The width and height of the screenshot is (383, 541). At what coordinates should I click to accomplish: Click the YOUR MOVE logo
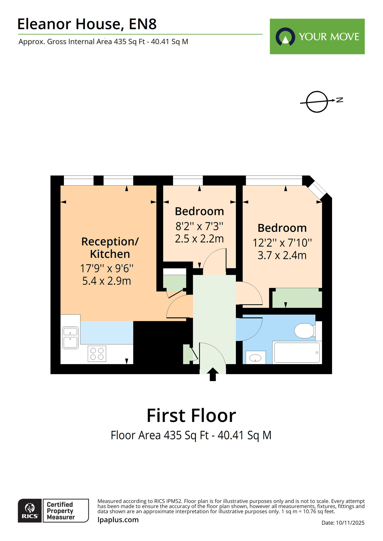tap(317, 37)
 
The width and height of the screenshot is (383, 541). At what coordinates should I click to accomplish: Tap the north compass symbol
tap(317, 102)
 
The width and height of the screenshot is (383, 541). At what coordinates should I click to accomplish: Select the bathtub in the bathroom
tap(297, 352)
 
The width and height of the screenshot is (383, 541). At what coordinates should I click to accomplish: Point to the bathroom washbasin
tap(255, 358)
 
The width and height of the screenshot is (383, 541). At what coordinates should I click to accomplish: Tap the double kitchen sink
tap(70, 338)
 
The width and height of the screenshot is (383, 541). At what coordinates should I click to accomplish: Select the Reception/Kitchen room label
tap(110, 248)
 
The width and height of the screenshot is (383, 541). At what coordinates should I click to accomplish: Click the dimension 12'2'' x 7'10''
tap(282, 243)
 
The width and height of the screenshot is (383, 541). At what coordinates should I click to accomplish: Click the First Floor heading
tap(191, 415)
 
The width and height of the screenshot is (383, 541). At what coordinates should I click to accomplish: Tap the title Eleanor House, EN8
tap(87, 24)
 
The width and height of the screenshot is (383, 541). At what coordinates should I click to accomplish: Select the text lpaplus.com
tap(118, 520)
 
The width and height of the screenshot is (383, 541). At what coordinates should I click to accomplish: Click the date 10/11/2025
tap(350, 523)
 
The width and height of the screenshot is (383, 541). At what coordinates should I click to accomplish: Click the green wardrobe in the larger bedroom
tap(297, 298)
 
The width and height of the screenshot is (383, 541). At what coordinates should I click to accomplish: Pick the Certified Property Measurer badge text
tap(60, 511)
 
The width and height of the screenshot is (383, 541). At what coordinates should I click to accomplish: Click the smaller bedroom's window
tap(188, 180)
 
